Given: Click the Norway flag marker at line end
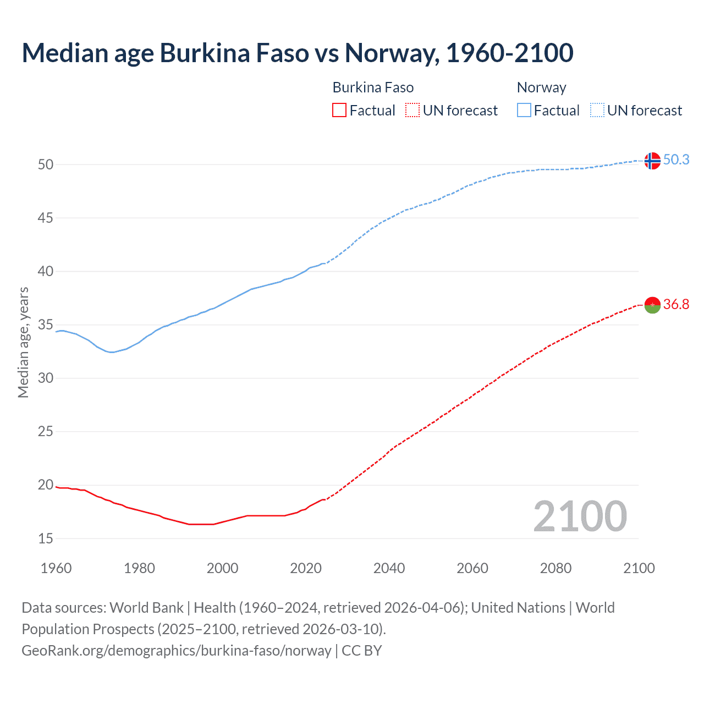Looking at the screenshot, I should pos(652,161).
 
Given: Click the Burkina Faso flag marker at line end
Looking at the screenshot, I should pos(652,305).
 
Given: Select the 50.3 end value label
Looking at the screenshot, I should pos(676,159).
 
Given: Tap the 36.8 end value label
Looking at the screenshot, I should pos(676,304).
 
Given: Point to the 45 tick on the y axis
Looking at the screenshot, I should pos(46,218).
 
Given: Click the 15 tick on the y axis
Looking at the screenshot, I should pos(46,538).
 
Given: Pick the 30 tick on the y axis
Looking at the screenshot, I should pos(46,378).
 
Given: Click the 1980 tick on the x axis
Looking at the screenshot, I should pos(139,568).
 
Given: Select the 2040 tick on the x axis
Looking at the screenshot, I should pos(389,568).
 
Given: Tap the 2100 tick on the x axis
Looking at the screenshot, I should pos(639,568).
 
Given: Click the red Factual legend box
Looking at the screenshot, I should pos(339,111).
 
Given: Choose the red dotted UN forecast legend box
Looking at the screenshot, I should pos(413,111).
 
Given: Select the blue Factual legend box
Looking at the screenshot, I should pos(524,111).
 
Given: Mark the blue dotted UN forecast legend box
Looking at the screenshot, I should pos(597,111).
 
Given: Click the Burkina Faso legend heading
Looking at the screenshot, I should pos(373,87).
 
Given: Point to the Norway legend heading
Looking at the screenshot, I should pos(541,87).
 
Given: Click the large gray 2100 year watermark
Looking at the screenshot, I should pos(580,516).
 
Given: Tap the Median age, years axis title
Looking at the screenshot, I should pos(23,342).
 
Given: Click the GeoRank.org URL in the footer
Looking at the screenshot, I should pos(176,651).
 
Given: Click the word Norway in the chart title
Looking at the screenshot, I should pos(391,53).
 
